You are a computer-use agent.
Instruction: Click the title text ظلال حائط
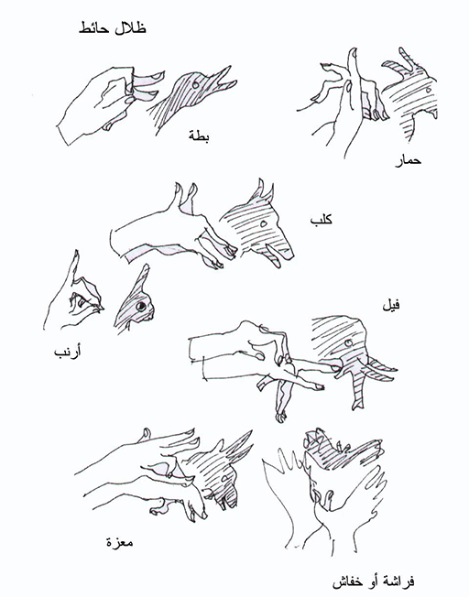point(113,28)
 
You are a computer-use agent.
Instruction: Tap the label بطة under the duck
point(199,136)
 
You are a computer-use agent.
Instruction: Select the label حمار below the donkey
point(408,160)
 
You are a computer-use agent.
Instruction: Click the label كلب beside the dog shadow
point(322,220)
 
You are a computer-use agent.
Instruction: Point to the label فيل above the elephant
point(392,305)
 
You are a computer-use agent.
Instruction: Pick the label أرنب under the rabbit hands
point(68,353)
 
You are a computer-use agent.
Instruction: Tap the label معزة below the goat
point(120,542)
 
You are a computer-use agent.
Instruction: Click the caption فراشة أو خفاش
point(374,581)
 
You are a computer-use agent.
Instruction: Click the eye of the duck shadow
point(196,84)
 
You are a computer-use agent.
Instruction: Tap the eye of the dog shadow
point(263,223)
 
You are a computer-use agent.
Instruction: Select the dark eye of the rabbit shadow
point(141,306)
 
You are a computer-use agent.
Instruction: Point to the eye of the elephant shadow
point(347,343)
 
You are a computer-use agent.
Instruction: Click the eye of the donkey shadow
point(428,90)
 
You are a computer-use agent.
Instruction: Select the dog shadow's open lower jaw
point(273,255)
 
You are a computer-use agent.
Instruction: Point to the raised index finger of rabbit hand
point(72,269)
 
